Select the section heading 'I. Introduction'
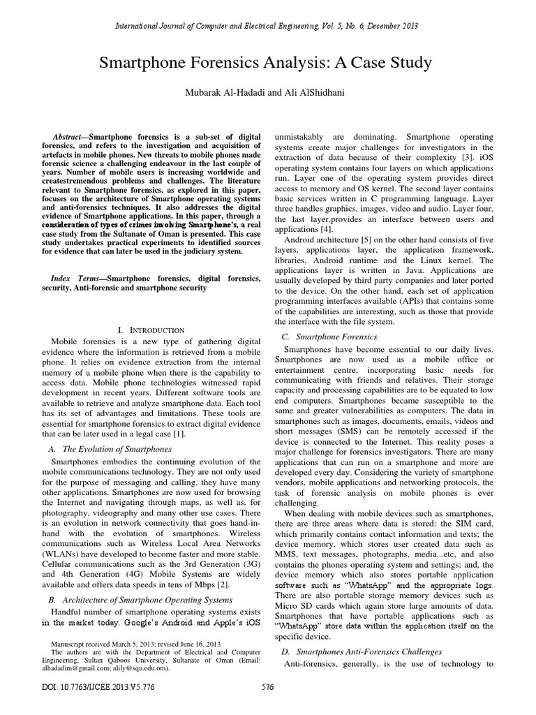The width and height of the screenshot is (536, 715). pyautogui.click(x=151, y=329)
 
